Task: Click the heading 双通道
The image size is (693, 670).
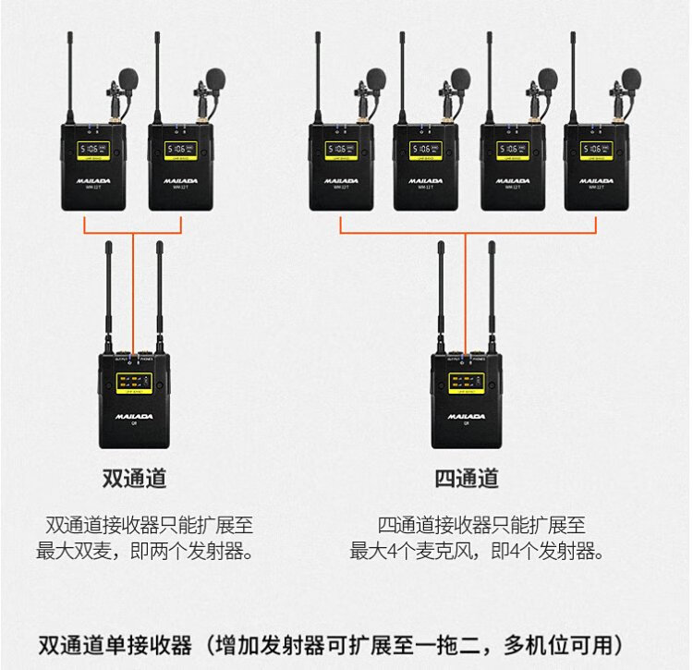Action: point(134,479)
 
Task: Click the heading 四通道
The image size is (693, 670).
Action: point(467,479)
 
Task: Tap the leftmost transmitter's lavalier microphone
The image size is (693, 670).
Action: point(128,80)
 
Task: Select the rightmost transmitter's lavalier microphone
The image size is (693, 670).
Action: point(631,80)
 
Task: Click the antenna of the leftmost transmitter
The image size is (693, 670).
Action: point(70,74)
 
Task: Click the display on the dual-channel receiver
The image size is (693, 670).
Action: point(134,381)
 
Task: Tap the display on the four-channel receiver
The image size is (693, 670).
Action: point(467,381)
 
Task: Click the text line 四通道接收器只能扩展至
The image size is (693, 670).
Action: point(480,526)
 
